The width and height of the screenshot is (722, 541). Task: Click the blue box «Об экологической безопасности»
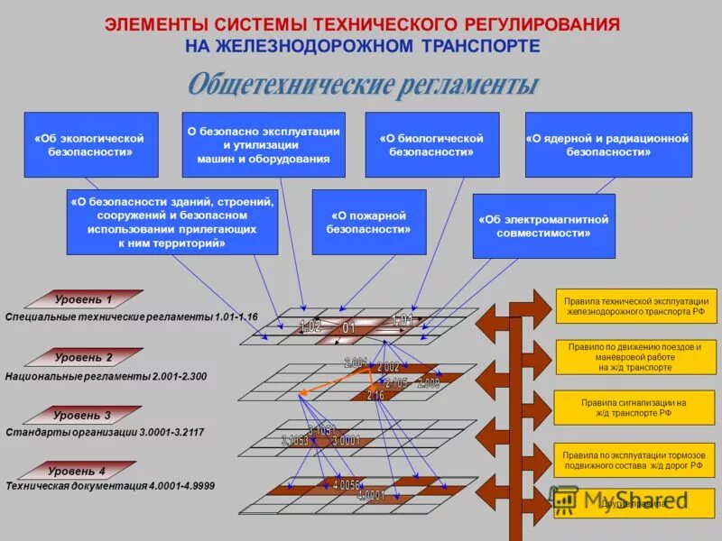(90, 144)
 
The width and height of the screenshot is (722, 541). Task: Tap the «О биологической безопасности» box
(431, 144)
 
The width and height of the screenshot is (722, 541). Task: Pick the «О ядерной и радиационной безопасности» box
(607, 144)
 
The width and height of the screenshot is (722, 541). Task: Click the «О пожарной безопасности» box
(369, 222)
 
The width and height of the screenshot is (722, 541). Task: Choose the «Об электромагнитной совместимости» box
(543, 225)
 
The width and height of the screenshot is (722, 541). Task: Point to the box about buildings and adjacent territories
(172, 222)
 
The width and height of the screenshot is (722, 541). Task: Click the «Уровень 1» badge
(84, 299)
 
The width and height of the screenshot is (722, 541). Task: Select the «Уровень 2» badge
(84, 357)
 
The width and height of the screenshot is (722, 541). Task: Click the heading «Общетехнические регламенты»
(363, 86)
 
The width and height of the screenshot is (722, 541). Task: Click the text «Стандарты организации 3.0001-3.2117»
(105, 433)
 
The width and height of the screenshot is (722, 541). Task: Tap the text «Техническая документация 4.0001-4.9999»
(110, 486)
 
